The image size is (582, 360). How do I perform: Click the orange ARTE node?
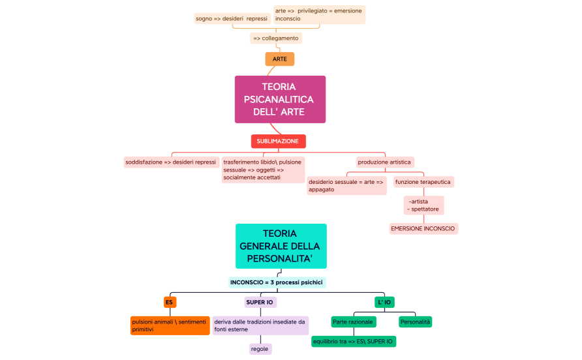pos(280,59)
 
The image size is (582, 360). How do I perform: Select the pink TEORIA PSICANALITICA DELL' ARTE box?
pos(280,99)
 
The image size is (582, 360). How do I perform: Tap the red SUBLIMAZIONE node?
pos(278,142)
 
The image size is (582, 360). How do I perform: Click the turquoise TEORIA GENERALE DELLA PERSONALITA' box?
pos(281,247)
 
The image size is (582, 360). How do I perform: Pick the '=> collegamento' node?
pos(276,38)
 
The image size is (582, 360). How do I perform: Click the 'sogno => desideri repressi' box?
pos(232,19)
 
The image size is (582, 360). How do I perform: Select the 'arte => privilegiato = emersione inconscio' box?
pos(319,15)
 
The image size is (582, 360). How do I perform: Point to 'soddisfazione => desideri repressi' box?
pos(170,162)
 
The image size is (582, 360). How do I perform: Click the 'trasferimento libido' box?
pos(262,170)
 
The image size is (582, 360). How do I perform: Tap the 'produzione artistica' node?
pos(384,162)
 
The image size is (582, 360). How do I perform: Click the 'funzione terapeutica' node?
pos(423,182)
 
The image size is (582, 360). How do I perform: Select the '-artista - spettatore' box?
pos(423,205)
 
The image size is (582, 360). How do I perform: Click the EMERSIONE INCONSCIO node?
pos(423,229)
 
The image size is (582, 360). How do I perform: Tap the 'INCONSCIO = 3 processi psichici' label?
pos(277,282)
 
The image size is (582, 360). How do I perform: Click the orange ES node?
pos(170,303)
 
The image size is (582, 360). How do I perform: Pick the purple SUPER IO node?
pos(260,303)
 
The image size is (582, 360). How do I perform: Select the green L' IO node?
pos(384,303)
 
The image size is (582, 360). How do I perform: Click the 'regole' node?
pos(260,349)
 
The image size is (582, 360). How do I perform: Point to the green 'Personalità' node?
pos(416,322)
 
